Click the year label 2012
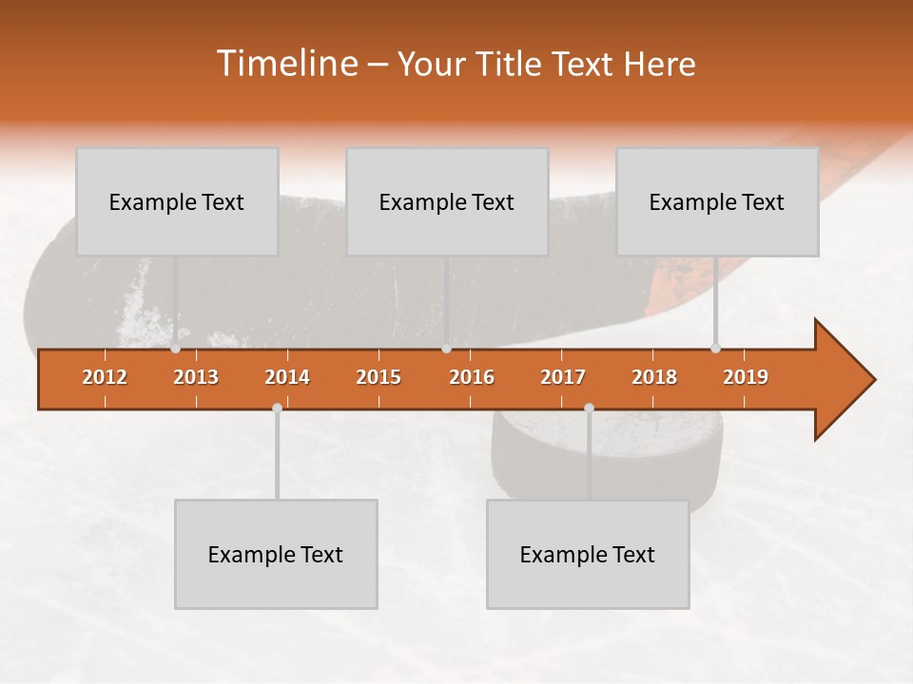[105, 377]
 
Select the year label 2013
[196, 377]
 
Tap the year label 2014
[287, 377]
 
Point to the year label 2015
[379, 377]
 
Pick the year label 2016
[472, 377]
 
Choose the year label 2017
[563, 377]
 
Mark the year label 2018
[654, 377]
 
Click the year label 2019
[746, 377]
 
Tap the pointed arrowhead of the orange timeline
[851, 380]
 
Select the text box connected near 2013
[177, 201]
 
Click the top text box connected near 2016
[447, 201]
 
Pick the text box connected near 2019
[717, 201]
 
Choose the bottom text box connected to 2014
[276, 554]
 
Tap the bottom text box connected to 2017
[588, 554]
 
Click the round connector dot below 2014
[277, 408]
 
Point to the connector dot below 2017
[589, 408]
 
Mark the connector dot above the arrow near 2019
[715, 349]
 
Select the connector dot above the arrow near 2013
[175, 349]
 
